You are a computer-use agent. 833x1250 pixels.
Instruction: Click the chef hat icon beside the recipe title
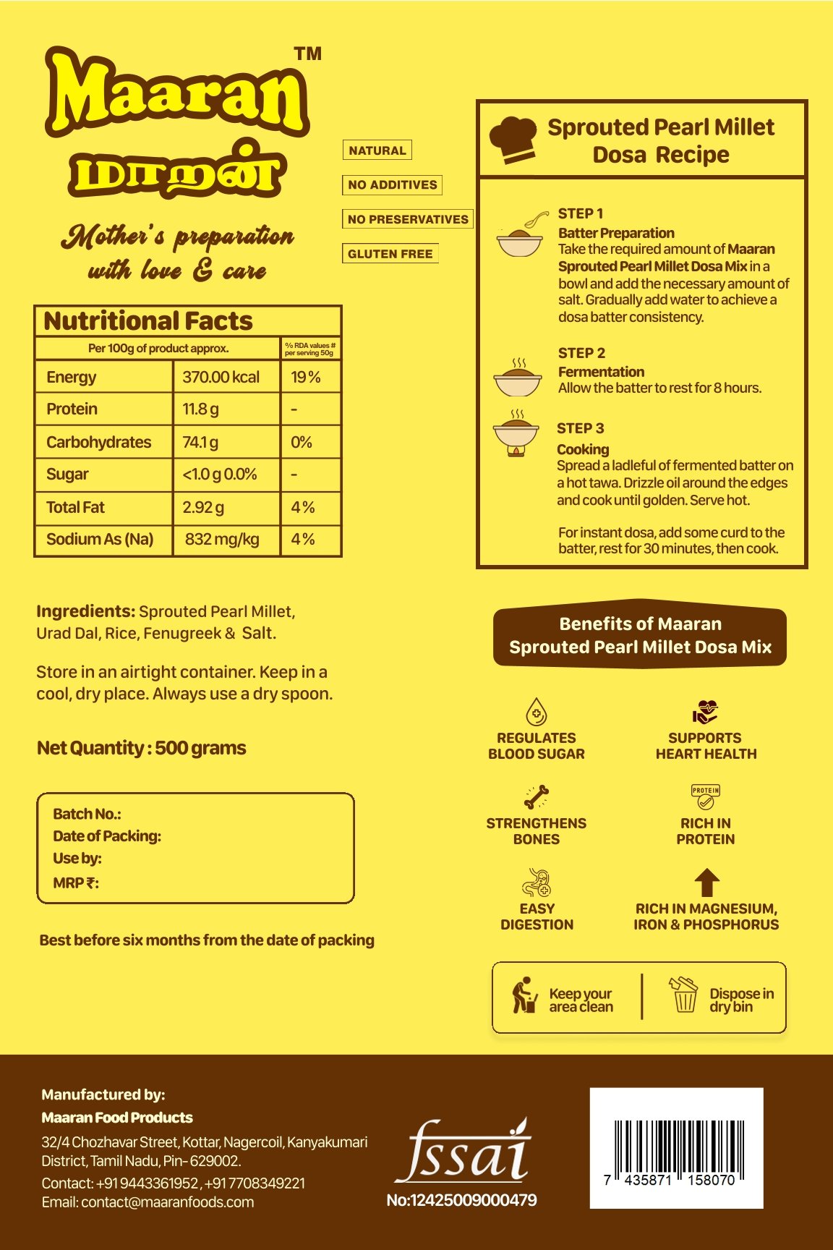click(x=513, y=140)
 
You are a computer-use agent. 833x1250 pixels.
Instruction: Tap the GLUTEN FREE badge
click(x=390, y=254)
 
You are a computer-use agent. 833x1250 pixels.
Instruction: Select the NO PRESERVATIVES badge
click(x=408, y=219)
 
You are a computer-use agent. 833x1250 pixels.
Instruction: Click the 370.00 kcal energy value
click(x=221, y=377)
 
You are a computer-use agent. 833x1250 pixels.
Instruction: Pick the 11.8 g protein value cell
click(x=200, y=409)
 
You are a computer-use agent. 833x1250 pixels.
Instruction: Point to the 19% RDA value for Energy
click(x=305, y=377)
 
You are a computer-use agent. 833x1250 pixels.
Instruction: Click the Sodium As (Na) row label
click(x=100, y=540)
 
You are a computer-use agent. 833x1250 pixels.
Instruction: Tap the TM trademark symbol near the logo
click(x=307, y=54)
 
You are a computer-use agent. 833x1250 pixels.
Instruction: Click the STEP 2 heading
click(x=581, y=353)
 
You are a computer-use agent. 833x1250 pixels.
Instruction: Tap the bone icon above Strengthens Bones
click(x=537, y=797)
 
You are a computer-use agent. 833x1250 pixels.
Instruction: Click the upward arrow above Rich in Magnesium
click(x=706, y=883)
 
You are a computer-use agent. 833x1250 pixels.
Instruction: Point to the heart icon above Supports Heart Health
click(x=705, y=712)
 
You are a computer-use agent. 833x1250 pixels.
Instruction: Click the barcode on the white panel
click(x=676, y=1145)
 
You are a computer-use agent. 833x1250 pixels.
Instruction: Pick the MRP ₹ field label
click(x=76, y=883)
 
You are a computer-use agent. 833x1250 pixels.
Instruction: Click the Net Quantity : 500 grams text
click(x=142, y=748)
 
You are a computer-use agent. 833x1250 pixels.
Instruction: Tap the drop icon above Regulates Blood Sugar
click(x=536, y=712)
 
